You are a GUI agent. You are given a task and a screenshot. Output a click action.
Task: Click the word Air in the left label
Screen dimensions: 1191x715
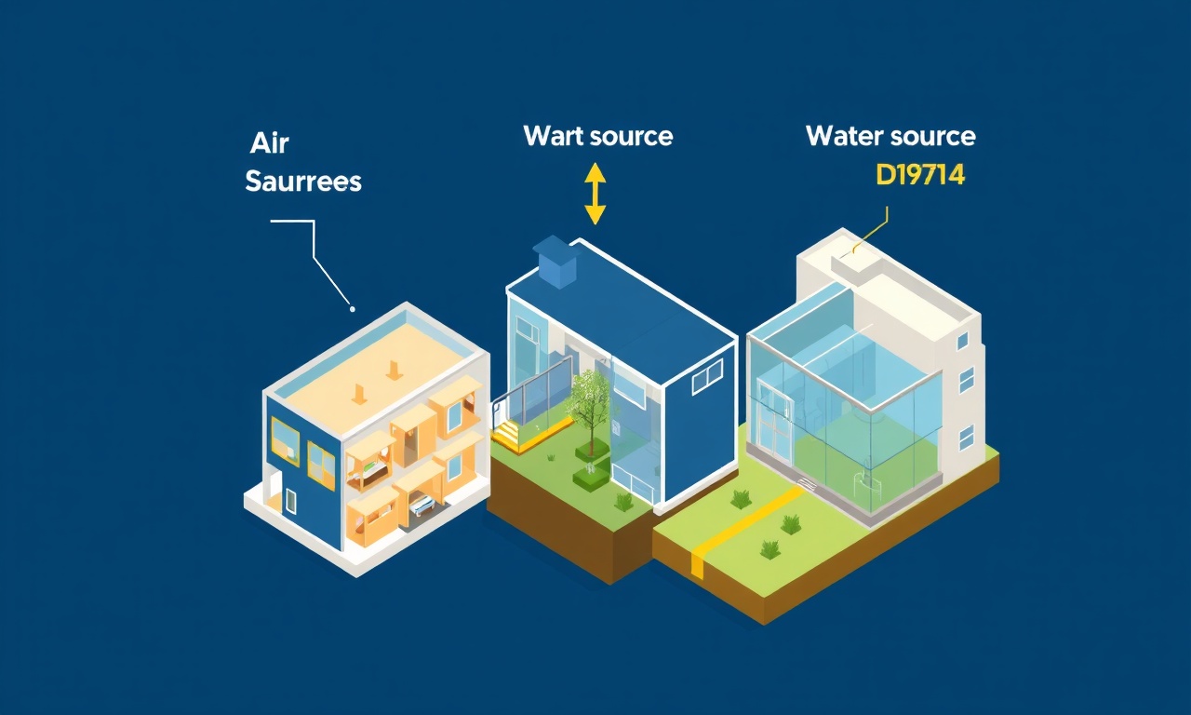tap(270, 143)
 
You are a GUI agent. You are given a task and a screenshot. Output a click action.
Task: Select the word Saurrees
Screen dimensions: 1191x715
tap(303, 182)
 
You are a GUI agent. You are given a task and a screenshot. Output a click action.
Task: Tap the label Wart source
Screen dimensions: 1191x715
tap(598, 136)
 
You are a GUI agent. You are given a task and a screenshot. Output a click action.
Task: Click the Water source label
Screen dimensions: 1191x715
tap(890, 136)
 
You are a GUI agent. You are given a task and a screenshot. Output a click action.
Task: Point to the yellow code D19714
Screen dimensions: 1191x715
tap(920, 174)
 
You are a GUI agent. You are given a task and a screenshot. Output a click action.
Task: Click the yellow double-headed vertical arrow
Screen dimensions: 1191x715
tap(595, 194)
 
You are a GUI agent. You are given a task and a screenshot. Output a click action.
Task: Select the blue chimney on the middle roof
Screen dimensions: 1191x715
tap(555, 262)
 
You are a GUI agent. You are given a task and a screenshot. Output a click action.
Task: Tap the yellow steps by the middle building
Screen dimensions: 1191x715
tap(509, 433)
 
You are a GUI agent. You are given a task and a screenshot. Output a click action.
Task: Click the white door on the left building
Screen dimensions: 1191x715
tap(291, 501)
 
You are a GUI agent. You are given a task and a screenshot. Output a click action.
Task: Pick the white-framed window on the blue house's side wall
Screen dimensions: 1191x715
tap(707, 377)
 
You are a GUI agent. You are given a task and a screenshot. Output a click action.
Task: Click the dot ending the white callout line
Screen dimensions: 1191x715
tap(352, 308)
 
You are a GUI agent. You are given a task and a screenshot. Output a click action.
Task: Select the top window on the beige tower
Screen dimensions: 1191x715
tap(962, 342)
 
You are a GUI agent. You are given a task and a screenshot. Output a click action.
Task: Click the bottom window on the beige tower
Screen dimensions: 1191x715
tap(967, 438)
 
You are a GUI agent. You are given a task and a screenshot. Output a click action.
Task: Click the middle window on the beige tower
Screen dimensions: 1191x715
tap(966, 381)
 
